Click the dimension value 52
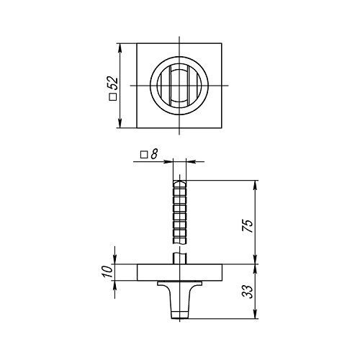point(114,84)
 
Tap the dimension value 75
point(248,226)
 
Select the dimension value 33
point(248,292)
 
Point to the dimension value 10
point(108,271)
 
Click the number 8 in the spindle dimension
point(154,154)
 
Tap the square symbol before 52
point(113,96)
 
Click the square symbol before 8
point(144,155)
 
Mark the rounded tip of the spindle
point(179,183)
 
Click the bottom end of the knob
point(179,318)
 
